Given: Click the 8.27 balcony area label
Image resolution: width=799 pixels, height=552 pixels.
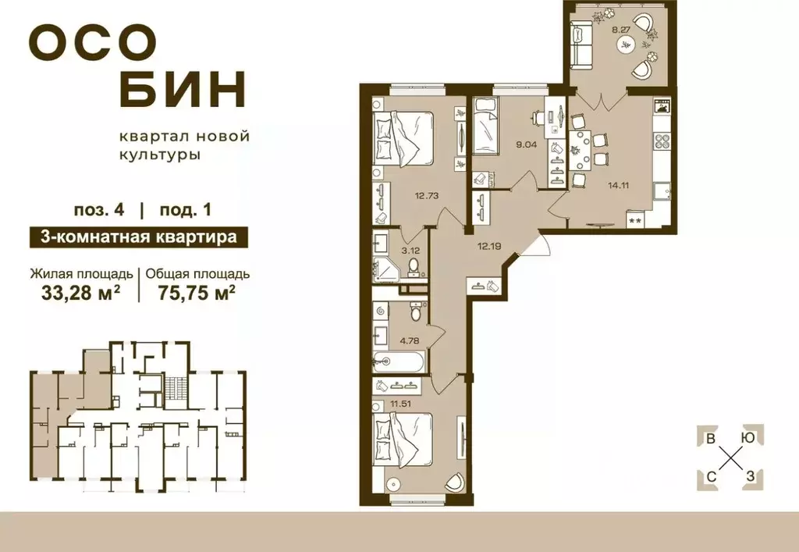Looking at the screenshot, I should tap(622, 30).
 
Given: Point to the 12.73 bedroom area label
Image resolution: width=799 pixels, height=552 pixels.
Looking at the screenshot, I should tap(425, 196).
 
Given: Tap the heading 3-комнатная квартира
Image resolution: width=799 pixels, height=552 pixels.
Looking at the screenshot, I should tap(132, 237).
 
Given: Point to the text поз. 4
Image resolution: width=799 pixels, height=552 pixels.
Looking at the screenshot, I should tap(97, 209).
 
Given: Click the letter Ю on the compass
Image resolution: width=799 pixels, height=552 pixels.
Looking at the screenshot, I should tap(748, 437).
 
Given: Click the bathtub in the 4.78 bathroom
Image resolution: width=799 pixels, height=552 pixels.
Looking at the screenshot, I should tap(399, 361).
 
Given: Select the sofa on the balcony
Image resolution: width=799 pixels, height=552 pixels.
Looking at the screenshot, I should tap(581, 45).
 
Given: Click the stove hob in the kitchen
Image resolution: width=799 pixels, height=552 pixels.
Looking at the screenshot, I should tap(662, 142).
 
